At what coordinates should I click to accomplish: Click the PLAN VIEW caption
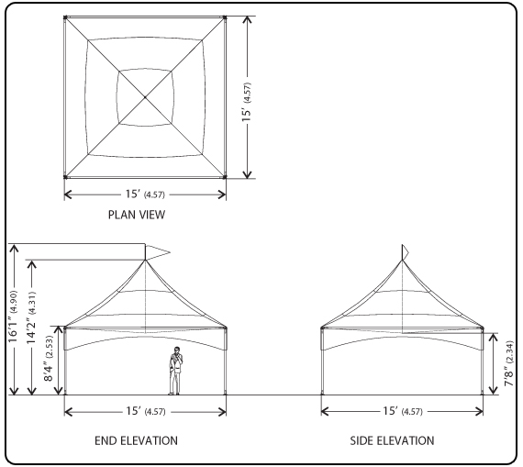coord(137,215)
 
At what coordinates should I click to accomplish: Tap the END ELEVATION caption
coord(136,440)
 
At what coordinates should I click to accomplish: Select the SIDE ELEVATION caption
coord(392,440)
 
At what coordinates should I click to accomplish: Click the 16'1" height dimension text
coord(14,317)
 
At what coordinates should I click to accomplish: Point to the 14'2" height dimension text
coord(32,317)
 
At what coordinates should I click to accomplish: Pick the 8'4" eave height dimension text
coord(49,359)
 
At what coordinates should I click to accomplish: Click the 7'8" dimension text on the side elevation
coord(509,363)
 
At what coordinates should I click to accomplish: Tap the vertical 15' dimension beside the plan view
coord(247,102)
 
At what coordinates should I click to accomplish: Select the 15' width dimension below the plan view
coord(145,195)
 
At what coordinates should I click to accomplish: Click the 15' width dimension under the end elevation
coord(145,411)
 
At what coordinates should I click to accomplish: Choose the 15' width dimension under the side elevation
coord(403,411)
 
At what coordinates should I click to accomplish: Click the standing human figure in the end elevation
coord(174,371)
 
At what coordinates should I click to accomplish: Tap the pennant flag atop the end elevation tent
coord(157,251)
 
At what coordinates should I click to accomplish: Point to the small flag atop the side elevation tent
coord(405,251)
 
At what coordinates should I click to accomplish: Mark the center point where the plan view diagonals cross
coord(145,97)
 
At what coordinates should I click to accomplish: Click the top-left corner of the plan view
coord(65,17)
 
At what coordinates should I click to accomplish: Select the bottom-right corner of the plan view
coord(225,177)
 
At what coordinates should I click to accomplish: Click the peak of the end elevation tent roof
coord(145,260)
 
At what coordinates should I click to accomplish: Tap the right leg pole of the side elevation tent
coord(483,361)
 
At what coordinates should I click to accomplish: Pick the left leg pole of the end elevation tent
coord(65,361)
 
